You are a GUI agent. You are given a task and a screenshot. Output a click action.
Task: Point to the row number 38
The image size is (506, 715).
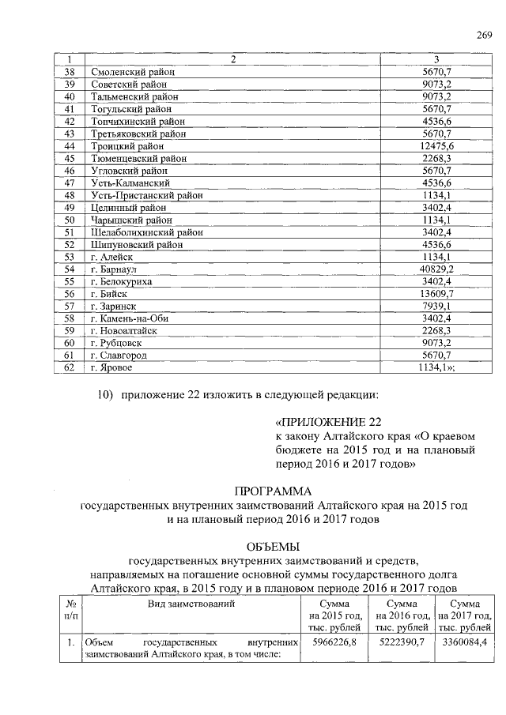coord(69,72)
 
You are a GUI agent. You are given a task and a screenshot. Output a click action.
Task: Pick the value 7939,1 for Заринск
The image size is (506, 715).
coord(436,306)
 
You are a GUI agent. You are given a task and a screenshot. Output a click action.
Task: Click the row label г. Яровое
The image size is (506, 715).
coord(111,367)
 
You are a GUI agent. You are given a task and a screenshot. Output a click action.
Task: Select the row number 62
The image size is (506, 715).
coord(69,367)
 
